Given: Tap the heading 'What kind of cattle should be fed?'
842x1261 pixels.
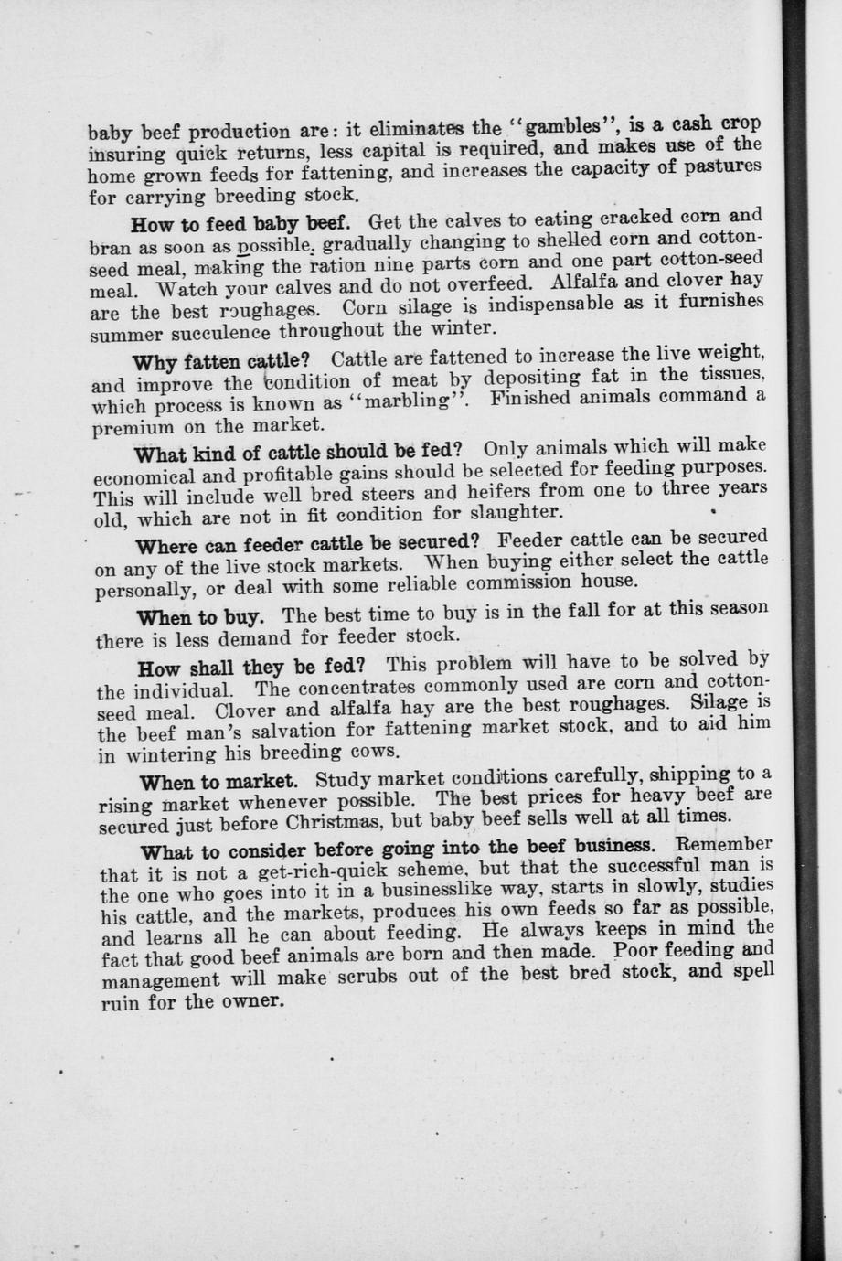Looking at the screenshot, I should (x=297, y=452).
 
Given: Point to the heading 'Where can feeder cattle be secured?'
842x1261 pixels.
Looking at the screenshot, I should (x=307, y=544).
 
